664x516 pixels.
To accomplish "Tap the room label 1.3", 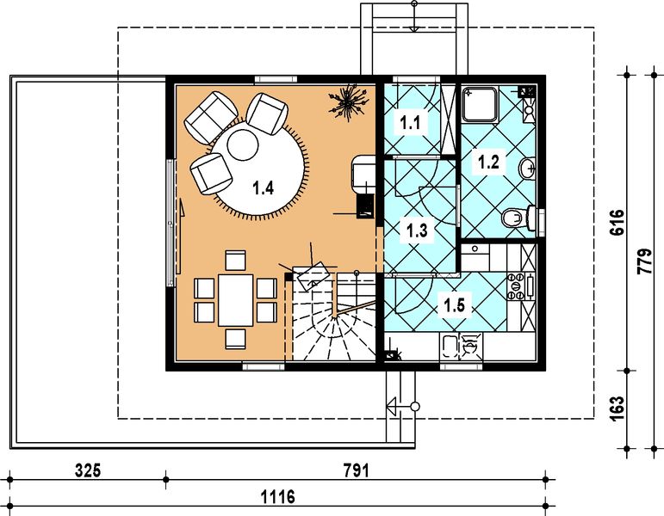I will tap(417, 230).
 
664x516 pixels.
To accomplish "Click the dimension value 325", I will tap(88, 470).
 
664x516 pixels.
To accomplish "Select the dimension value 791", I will tap(356, 470).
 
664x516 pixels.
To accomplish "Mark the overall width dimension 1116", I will tap(277, 496).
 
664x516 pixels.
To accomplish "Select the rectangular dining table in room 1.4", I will tap(235, 298).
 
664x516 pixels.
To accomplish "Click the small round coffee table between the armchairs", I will tap(242, 144).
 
